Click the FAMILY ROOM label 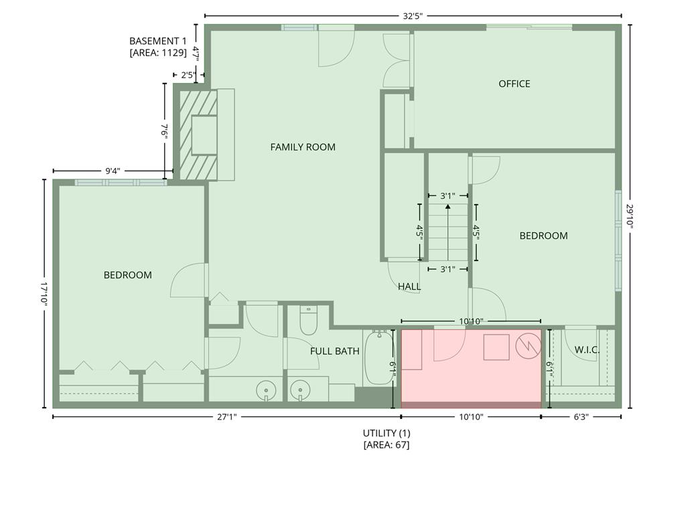pos(303,147)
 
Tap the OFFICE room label pos(514,84)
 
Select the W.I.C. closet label pos(587,349)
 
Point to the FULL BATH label pos(335,351)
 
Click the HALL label pos(409,286)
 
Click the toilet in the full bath pos(308,321)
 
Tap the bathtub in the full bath pos(379,358)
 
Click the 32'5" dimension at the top pos(413,17)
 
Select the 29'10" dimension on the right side pos(630,216)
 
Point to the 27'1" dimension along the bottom pos(226,417)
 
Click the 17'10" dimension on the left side pos(44,293)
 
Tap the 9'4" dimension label pos(113,171)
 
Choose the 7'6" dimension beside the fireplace pos(165,131)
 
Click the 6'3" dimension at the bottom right pos(581,417)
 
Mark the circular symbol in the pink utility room pos(529,346)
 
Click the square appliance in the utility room pos(496,347)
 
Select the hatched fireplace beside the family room pos(198,135)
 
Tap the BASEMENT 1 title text pos(158,41)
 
